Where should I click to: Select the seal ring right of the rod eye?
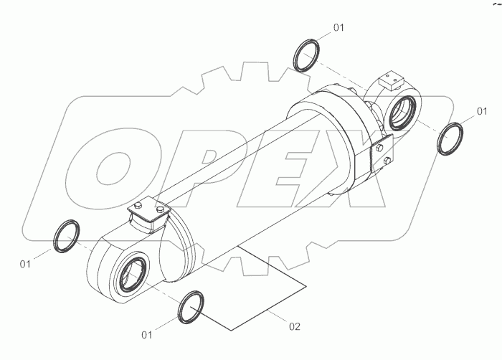[451, 137]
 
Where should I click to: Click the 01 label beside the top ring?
[338, 27]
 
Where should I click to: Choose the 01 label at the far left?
[26, 264]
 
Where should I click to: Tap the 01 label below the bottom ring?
[147, 334]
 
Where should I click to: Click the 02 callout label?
[294, 327]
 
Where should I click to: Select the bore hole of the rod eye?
[404, 110]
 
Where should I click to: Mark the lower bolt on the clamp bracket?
[387, 161]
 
